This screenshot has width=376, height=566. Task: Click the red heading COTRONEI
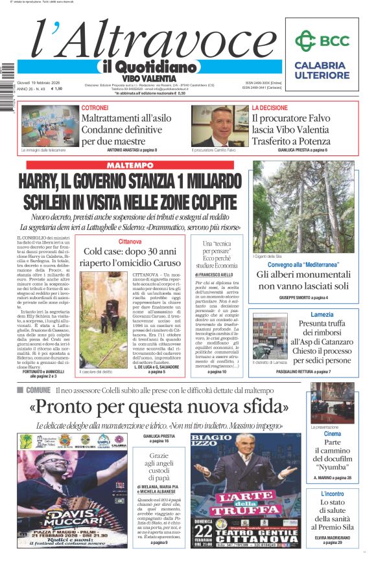[x=95, y=108]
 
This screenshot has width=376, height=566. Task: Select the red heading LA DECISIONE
[x=270, y=108]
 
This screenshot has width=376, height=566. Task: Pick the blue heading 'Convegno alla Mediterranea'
[x=303, y=265]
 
